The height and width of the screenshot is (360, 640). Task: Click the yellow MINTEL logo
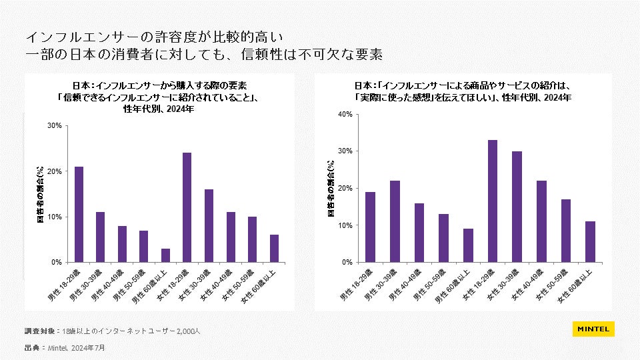pyautogui.click(x=593, y=329)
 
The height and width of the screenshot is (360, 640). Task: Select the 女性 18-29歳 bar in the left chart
pyautogui.click(x=187, y=207)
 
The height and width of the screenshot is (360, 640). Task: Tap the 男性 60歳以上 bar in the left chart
pyautogui.click(x=165, y=255)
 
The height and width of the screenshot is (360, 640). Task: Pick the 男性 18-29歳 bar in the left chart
pyautogui.click(x=79, y=214)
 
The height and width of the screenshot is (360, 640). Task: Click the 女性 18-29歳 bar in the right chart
pyautogui.click(x=493, y=201)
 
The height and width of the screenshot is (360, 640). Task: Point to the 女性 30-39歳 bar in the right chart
pyautogui.click(x=517, y=207)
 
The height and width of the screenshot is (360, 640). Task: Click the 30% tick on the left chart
pyautogui.click(x=55, y=126)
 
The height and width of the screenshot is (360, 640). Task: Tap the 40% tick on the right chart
pyautogui.click(x=345, y=114)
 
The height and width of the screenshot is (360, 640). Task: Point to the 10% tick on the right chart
pyautogui.click(x=345, y=225)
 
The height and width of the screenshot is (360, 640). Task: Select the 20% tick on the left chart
pyautogui.click(x=55, y=171)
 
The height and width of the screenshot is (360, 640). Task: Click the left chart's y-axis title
pyautogui.click(x=40, y=194)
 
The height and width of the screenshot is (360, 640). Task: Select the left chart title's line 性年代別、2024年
pyautogui.click(x=158, y=109)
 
